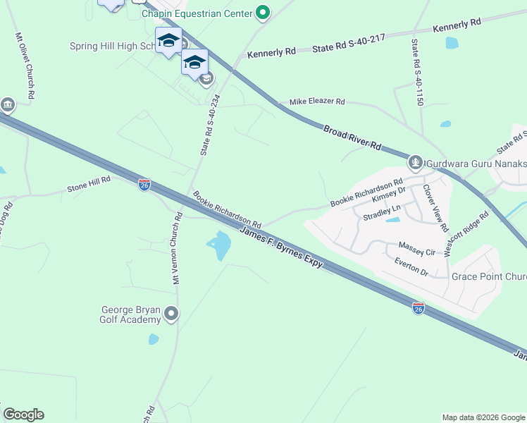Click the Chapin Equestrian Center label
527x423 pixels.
197,13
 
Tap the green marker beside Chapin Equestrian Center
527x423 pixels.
263,12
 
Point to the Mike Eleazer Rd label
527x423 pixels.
317,102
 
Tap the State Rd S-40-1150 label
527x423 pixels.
418,72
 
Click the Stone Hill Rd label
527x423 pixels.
89,185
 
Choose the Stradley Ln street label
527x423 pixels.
381,209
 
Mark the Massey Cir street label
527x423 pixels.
416,248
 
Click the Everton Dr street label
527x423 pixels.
411,266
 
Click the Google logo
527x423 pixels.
23,415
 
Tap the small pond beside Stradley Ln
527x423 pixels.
392,220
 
